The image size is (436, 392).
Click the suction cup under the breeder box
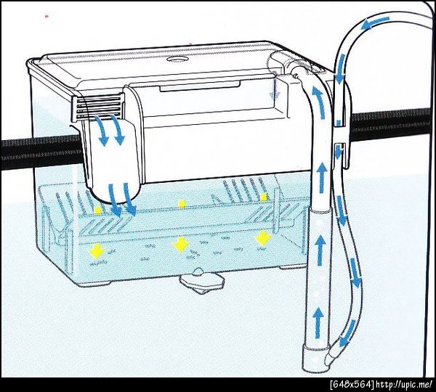point(201,281)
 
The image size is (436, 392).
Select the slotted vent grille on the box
point(100,107)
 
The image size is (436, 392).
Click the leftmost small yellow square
point(97,211)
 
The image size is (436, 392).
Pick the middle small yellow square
point(182,204)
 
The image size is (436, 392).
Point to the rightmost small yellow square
point(264,197)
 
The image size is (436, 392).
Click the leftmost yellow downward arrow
point(97,251)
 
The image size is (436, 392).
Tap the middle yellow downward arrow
point(181,245)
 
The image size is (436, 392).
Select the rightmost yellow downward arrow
point(263,238)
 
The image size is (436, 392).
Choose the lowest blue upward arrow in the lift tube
point(318,322)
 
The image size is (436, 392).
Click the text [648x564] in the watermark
point(352,385)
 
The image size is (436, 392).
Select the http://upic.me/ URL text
point(405,385)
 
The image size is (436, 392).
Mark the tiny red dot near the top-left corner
point(47,17)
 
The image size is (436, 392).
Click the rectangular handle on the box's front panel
point(200,86)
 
